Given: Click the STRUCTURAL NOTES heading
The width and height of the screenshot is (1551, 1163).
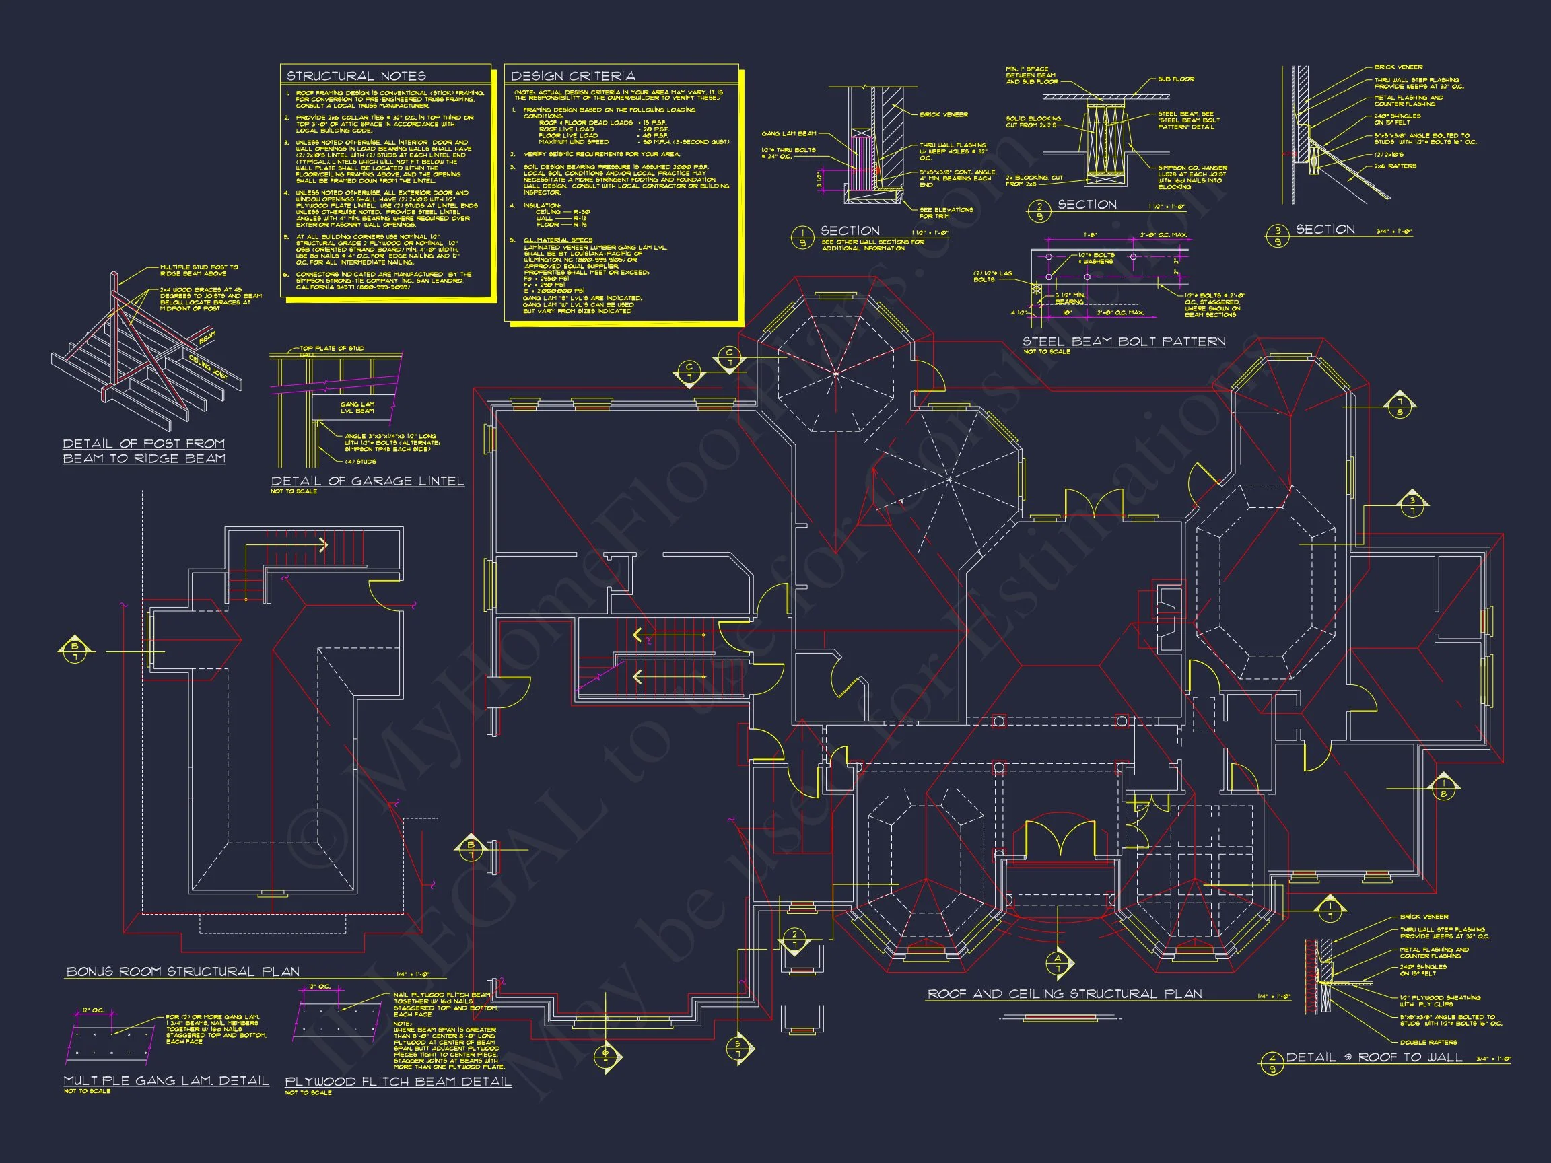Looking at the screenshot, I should pos(355,75).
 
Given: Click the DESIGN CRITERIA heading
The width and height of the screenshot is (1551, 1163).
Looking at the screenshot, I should pos(572,75).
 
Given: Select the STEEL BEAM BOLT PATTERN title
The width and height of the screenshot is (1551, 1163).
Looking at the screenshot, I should pos(1124,341).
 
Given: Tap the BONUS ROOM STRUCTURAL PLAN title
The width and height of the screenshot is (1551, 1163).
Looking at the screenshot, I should pos(183,972).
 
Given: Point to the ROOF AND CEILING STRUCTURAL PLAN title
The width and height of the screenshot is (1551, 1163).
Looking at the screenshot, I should pos(1064,994).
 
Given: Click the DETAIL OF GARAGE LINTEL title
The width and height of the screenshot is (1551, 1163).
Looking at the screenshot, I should pos(368,481).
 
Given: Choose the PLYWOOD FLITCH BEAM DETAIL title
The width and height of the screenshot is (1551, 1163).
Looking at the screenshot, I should pos(398,1082).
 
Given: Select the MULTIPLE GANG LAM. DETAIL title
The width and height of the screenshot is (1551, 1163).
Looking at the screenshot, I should pos(166,1080).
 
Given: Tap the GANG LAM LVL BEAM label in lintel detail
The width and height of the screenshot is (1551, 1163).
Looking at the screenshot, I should pos(357,407).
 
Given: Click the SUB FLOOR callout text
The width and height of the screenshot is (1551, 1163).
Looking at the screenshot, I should pos(1176,79).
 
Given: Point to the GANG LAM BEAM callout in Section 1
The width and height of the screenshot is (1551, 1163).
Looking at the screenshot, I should pos(789,133).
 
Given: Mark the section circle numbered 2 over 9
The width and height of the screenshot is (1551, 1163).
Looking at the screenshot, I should pos(1039,210).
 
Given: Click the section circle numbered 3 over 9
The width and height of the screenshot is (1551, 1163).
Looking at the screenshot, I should pos(1278,236).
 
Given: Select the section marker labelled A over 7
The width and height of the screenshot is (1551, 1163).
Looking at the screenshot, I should pos(1058,963).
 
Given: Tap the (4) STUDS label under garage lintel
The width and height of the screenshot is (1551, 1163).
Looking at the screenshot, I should pos(360,461).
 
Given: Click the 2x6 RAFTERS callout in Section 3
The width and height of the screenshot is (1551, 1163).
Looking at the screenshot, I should pos(1395,166).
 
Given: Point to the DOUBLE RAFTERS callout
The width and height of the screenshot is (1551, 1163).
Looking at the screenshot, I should pos(1428,1043).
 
